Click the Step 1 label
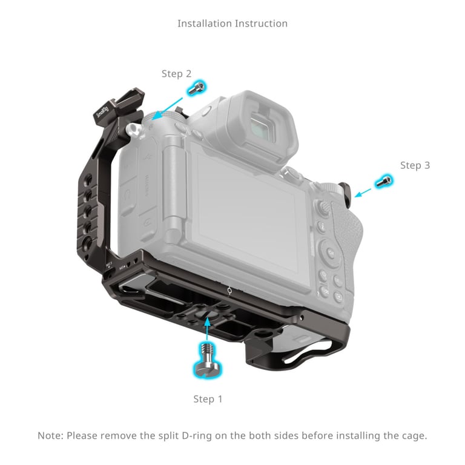click(208, 399)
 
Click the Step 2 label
click(176, 74)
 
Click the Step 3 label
click(415, 165)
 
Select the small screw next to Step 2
click(196, 88)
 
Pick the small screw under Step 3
click(384, 180)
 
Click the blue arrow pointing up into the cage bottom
click(208, 328)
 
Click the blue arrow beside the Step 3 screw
click(363, 192)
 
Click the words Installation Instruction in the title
click(232, 24)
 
